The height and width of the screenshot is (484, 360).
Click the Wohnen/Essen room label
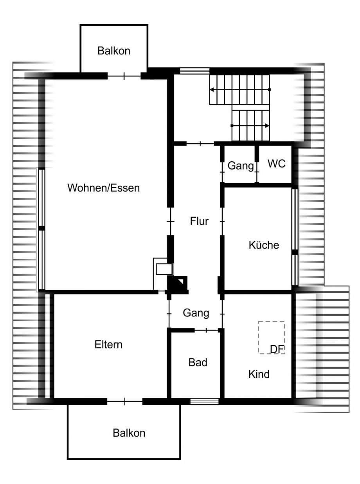point(103,188)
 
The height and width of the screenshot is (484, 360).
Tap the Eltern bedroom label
point(108,344)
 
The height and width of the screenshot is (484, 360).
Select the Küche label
point(264,245)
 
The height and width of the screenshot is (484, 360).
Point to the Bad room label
point(198,362)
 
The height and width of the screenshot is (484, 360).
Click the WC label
point(276,164)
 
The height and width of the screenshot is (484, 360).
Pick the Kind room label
point(259,374)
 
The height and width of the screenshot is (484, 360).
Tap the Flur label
point(199,221)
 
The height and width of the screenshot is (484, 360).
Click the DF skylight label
point(277,349)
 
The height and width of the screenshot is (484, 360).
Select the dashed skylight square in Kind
point(271,337)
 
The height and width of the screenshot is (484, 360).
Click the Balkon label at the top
point(113,51)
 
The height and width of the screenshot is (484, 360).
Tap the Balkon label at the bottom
point(129,433)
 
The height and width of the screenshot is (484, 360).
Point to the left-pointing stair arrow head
point(211,90)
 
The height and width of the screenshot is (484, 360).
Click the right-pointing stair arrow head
point(267,126)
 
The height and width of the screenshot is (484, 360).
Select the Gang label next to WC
point(240,166)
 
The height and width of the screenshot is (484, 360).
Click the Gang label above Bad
point(196,313)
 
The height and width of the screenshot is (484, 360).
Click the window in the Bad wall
point(204,401)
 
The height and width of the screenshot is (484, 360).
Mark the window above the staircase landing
point(194,71)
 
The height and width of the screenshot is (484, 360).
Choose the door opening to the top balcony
point(124,76)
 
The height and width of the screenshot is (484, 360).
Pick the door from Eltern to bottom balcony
point(124,401)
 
